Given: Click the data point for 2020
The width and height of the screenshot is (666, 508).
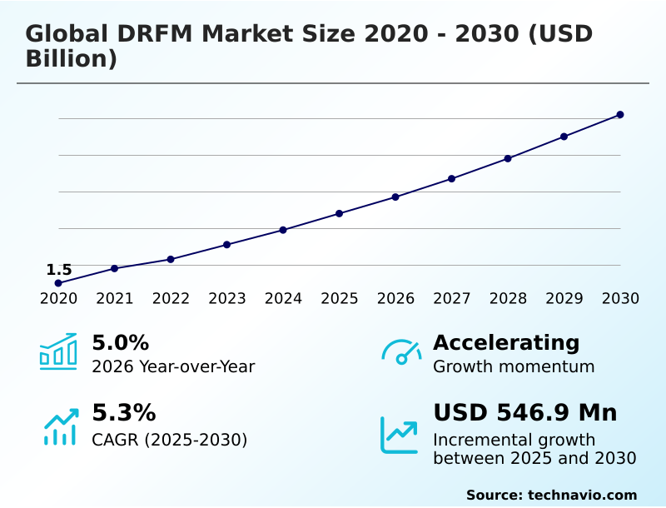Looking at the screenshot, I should click(58, 283).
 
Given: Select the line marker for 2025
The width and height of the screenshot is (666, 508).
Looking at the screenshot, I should click(339, 213).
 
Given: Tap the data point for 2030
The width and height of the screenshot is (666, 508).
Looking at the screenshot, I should click(620, 114).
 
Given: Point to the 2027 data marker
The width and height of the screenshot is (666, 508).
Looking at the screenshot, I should click(451, 178).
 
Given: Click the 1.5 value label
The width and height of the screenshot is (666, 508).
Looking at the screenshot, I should click(59, 270).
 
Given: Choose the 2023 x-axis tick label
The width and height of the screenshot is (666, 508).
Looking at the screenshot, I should click(226, 299).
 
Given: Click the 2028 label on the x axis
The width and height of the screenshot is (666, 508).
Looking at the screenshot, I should click(508, 299).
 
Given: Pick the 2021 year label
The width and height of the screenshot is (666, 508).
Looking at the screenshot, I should click(114, 299).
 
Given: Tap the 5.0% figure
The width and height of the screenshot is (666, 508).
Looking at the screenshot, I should click(120, 343).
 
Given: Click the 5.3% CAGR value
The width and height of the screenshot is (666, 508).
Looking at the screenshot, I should click(123, 413).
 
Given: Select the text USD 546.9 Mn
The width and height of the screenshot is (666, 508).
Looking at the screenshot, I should click(524, 413).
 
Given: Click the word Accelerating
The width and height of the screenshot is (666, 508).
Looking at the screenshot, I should click(506, 343).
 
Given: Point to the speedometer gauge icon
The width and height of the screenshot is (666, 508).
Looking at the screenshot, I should click(401, 352).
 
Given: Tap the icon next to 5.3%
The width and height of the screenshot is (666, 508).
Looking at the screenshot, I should click(60, 426).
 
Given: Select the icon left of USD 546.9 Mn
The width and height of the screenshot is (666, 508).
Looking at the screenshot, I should click(400, 435).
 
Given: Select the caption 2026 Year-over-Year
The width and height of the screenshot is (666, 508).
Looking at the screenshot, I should click(173, 366).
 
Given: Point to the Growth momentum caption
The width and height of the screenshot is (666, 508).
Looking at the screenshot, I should click(514, 366).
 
